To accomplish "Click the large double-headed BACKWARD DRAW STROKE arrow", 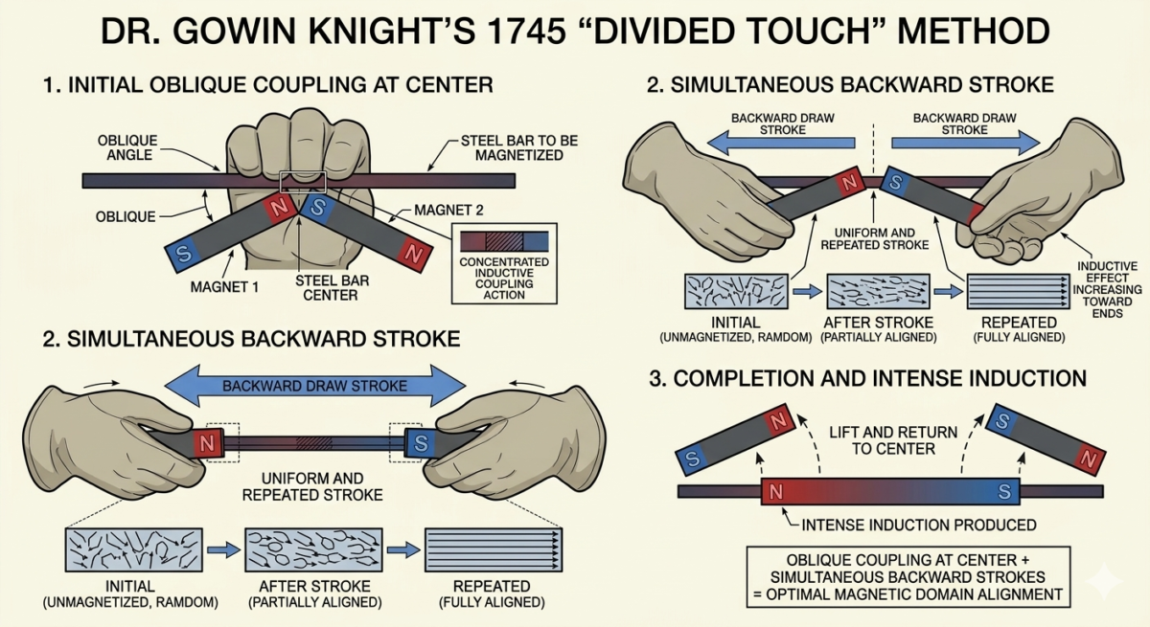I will click(x=314, y=387).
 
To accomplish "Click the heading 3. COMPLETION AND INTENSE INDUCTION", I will click(x=867, y=379).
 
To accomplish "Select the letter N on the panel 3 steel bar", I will click(x=776, y=492).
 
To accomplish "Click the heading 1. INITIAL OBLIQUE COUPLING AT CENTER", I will click(x=267, y=85).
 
